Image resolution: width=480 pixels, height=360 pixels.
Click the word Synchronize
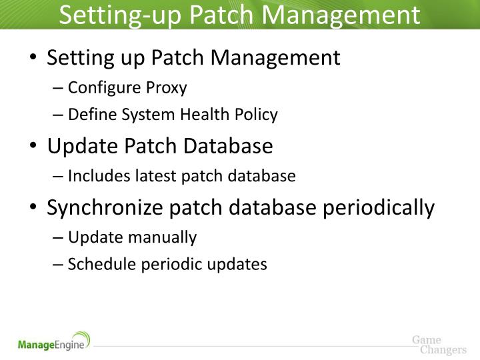(105, 208)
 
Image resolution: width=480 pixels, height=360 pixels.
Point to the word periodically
(378, 208)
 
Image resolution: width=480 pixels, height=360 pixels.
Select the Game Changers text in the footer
(438, 345)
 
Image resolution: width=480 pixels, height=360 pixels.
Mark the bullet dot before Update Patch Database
(34, 147)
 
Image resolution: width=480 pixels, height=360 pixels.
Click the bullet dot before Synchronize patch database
(34, 208)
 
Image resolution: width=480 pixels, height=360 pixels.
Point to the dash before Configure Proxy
(59, 88)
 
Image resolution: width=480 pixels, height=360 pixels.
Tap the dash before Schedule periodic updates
(59, 265)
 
